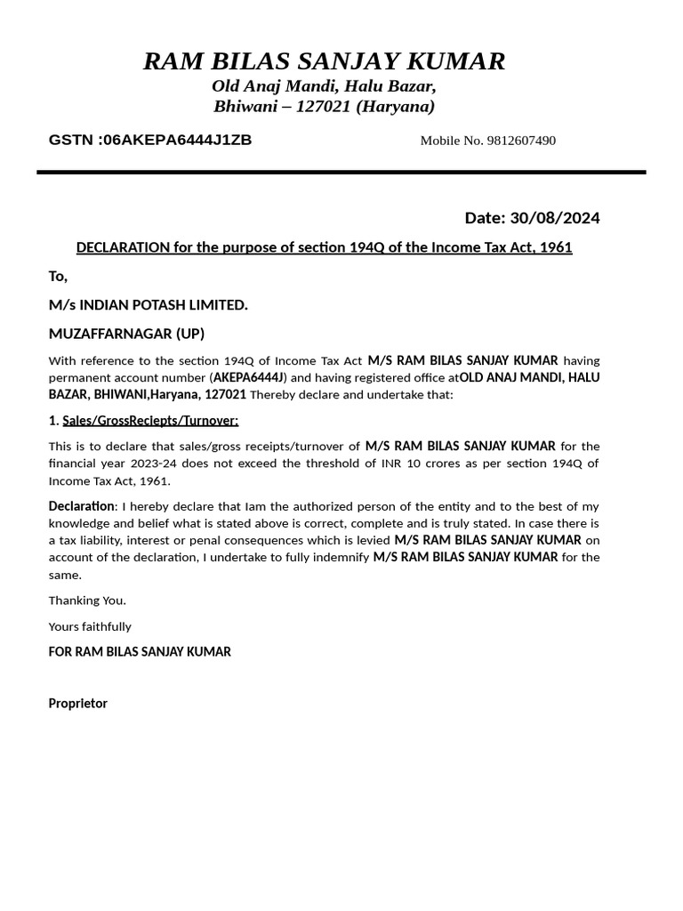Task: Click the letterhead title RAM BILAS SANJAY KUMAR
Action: pos(325,61)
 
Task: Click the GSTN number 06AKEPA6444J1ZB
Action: pos(177,140)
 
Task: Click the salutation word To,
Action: pos(58,277)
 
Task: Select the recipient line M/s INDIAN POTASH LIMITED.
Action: pos(149,305)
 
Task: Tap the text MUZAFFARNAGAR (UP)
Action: pos(126,334)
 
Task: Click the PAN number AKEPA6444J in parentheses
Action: pos(248,377)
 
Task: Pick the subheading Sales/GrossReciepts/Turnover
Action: pos(150,420)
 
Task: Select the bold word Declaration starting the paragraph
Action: pos(81,506)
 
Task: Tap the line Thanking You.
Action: pos(87,601)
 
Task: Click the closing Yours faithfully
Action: pos(90,626)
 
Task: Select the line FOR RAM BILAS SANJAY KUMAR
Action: pos(140,652)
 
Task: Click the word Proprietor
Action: pos(77,704)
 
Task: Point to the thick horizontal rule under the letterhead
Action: pos(341,172)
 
